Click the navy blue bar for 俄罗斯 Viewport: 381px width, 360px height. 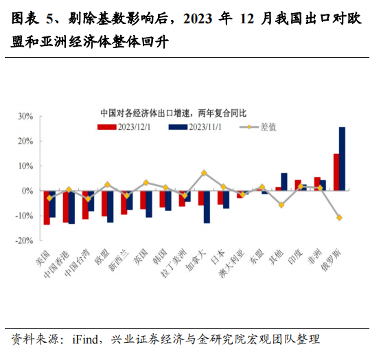point(342,159)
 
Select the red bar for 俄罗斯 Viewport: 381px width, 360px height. point(336,172)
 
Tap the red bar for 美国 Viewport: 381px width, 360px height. point(47,207)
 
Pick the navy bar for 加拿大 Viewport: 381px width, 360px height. point(207,207)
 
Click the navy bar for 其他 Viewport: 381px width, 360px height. point(284,181)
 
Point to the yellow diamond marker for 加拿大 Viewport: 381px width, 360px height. point(204,173)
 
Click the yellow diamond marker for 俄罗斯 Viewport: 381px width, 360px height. point(339,218)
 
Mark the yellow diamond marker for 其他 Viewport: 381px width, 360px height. point(281,205)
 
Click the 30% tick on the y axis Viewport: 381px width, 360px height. point(25,117)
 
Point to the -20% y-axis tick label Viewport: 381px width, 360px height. point(24,240)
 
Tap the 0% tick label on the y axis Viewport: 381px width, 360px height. point(27,191)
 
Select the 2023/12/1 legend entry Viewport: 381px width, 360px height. point(124,127)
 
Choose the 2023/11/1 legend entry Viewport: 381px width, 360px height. point(195,127)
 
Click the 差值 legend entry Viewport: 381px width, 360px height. point(258,127)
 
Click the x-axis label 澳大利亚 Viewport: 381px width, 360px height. point(231,263)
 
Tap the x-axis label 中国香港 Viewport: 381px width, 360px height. point(56,263)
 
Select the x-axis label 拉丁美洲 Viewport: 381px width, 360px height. point(174,263)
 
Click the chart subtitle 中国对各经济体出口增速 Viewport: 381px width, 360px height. point(145,113)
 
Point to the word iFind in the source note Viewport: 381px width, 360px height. point(86,339)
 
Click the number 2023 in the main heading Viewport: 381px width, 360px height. point(198,19)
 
